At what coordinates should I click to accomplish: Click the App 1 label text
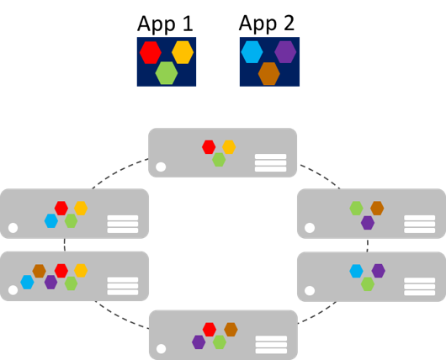click(x=166, y=24)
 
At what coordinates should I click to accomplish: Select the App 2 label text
click(x=268, y=24)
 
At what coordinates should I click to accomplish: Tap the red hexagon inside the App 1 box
click(x=150, y=52)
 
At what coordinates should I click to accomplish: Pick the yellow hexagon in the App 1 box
click(x=183, y=52)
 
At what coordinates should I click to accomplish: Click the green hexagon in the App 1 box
click(x=167, y=73)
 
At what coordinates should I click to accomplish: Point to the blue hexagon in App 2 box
click(x=252, y=52)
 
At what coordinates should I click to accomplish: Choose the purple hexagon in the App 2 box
click(x=285, y=52)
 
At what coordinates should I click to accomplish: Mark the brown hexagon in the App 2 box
click(x=268, y=73)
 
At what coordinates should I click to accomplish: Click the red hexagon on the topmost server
click(x=209, y=147)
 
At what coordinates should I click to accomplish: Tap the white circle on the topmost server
click(x=161, y=167)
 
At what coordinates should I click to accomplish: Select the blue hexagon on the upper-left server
click(x=51, y=220)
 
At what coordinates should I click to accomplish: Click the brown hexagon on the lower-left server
click(x=39, y=271)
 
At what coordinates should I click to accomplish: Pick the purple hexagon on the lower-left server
click(x=50, y=283)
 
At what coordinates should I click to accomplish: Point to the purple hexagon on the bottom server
click(x=199, y=342)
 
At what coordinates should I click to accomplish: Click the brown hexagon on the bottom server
click(x=230, y=330)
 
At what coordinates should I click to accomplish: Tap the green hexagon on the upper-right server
click(x=357, y=208)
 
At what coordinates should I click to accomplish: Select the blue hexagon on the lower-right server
click(x=357, y=271)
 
